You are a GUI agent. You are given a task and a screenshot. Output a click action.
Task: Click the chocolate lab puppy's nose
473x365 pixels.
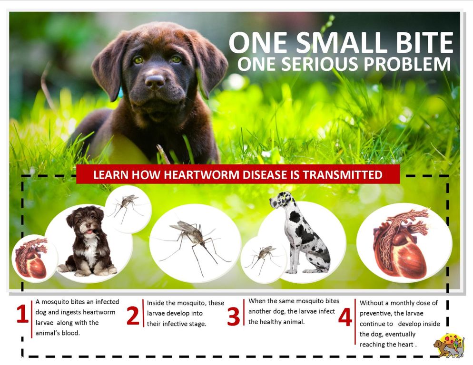click(155, 81)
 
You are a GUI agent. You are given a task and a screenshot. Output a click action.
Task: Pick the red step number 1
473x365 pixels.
click(22, 314)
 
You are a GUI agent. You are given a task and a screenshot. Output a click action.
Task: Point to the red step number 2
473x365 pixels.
click(133, 316)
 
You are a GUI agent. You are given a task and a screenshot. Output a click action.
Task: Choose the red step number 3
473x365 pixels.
click(234, 317)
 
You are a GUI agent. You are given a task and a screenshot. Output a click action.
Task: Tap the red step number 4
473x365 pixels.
click(345, 317)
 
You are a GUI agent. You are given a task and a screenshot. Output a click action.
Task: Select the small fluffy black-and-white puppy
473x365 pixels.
click(88, 241)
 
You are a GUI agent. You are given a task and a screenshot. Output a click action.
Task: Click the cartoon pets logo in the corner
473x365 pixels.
click(449, 346)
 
